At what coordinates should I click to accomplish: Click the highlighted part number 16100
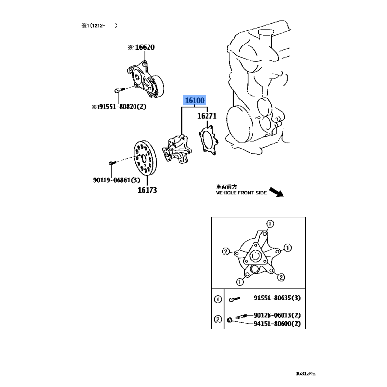(194, 101)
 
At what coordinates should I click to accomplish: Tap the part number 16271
(207, 116)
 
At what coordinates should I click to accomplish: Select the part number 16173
(147, 190)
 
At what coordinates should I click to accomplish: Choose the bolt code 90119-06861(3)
(117, 180)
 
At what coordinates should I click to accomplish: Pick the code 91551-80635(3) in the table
(277, 298)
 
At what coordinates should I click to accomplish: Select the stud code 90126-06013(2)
(277, 315)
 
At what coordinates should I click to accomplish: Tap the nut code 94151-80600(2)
(277, 324)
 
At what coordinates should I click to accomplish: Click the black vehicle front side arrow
(276, 192)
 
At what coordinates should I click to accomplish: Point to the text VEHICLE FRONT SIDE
(241, 193)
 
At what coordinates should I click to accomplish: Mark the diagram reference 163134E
(305, 373)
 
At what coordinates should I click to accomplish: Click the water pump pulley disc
(145, 158)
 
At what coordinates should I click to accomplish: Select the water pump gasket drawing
(208, 140)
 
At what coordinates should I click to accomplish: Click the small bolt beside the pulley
(112, 163)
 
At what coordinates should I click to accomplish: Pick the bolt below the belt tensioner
(119, 90)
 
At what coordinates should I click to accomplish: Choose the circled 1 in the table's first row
(218, 299)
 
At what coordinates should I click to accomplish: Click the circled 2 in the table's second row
(218, 319)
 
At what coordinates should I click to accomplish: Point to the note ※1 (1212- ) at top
(99, 25)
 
